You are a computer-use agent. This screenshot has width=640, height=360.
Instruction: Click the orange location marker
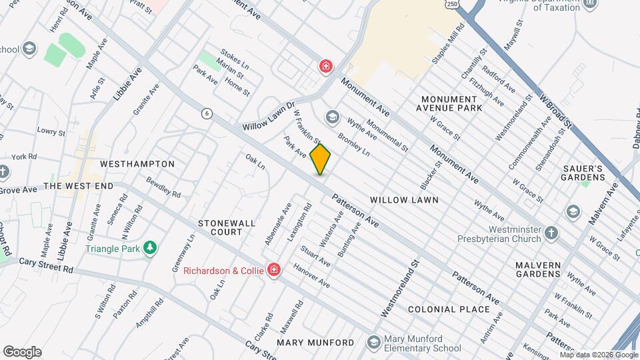click(321, 159)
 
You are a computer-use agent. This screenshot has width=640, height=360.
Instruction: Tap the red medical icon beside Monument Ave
click(325, 67)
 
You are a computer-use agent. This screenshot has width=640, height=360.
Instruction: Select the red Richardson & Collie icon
click(273, 270)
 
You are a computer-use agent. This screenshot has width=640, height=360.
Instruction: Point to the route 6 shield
click(208, 113)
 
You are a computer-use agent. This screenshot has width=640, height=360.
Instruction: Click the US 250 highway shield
click(452, 4)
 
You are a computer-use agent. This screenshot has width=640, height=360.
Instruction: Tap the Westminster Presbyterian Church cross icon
click(551, 232)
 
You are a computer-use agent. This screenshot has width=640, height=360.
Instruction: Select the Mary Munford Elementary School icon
click(375, 342)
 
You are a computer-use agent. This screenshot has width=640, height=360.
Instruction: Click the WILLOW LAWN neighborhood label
click(404, 199)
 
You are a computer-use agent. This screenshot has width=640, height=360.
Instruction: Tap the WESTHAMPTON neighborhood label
click(137, 163)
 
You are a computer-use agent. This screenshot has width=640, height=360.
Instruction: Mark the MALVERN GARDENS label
click(537, 269)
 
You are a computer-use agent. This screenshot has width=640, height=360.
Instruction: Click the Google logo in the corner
click(22, 351)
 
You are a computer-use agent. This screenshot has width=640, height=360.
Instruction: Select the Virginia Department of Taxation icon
click(589, 4)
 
